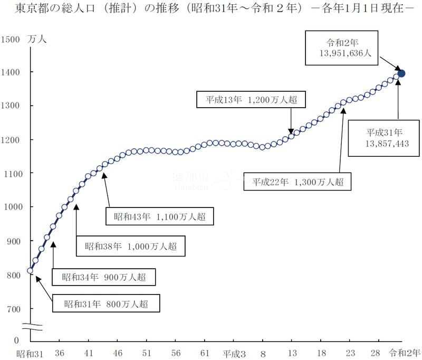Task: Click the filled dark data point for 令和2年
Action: pyautogui.click(x=401, y=73)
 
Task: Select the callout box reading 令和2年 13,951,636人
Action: pyautogui.click(x=341, y=46)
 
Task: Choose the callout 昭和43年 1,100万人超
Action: pyautogui.click(x=160, y=216)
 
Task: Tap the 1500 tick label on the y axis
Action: pyautogui.click(x=11, y=39)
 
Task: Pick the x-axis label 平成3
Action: pyautogui.click(x=234, y=353)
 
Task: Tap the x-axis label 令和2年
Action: pyautogui.click(x=405, y=353)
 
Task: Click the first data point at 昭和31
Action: pyautogui.click(x=30, y=271)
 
